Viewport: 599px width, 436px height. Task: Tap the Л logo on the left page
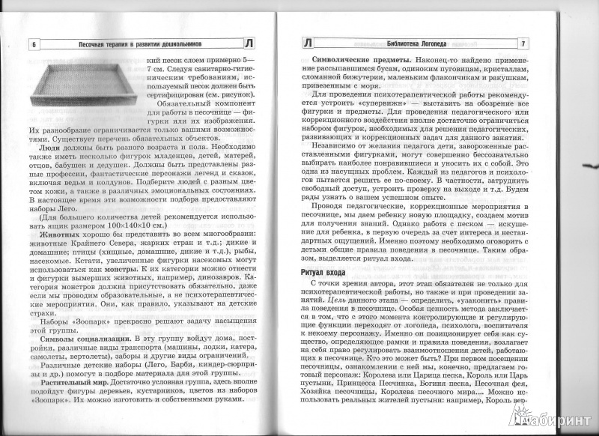pos(270,44)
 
